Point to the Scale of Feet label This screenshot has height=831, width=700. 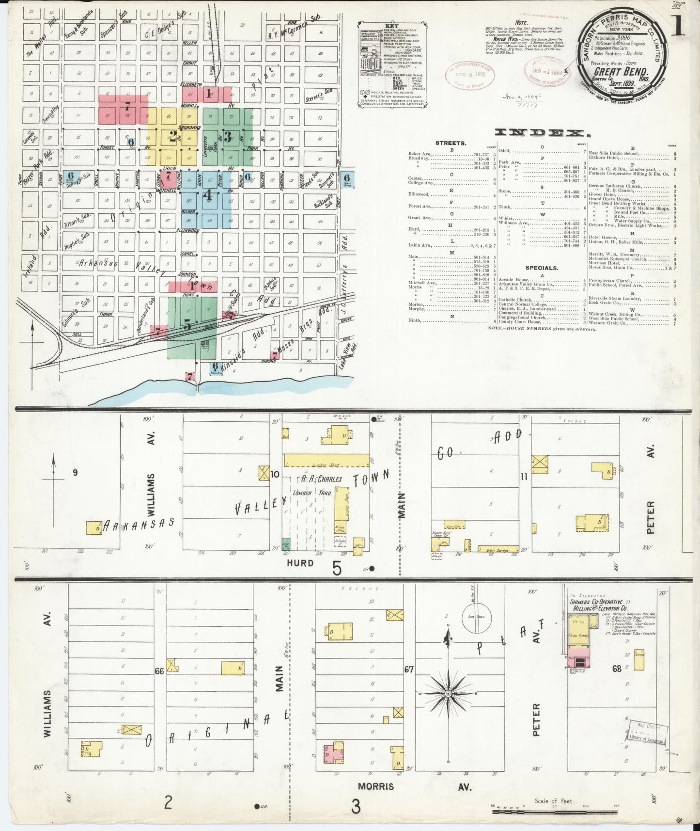click(554, 800)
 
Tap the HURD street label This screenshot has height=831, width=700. click(300, 563)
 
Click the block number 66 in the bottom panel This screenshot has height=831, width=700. click(159, 671)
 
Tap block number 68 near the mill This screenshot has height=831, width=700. click(616, 669)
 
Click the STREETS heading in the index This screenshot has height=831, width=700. click(451, 143)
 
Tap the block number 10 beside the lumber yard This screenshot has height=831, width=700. click(275, 475)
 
